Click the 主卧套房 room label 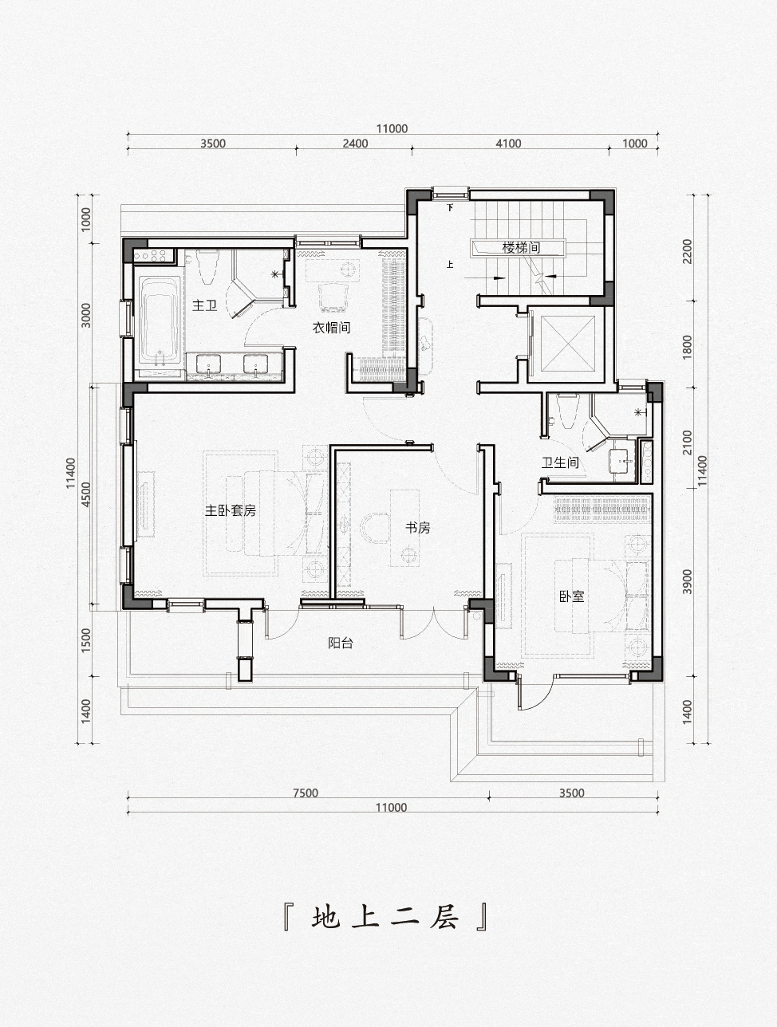231,510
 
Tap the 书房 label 417,528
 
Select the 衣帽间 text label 331,327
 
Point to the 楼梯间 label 522,247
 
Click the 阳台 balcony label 341,643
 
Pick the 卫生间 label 560,462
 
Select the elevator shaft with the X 567,344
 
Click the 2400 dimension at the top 355,144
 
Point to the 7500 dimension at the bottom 306,793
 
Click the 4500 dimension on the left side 85,494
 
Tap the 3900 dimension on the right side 687,581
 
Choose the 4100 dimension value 508,144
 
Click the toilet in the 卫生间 568,411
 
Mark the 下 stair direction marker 450,207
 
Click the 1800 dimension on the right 687,347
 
